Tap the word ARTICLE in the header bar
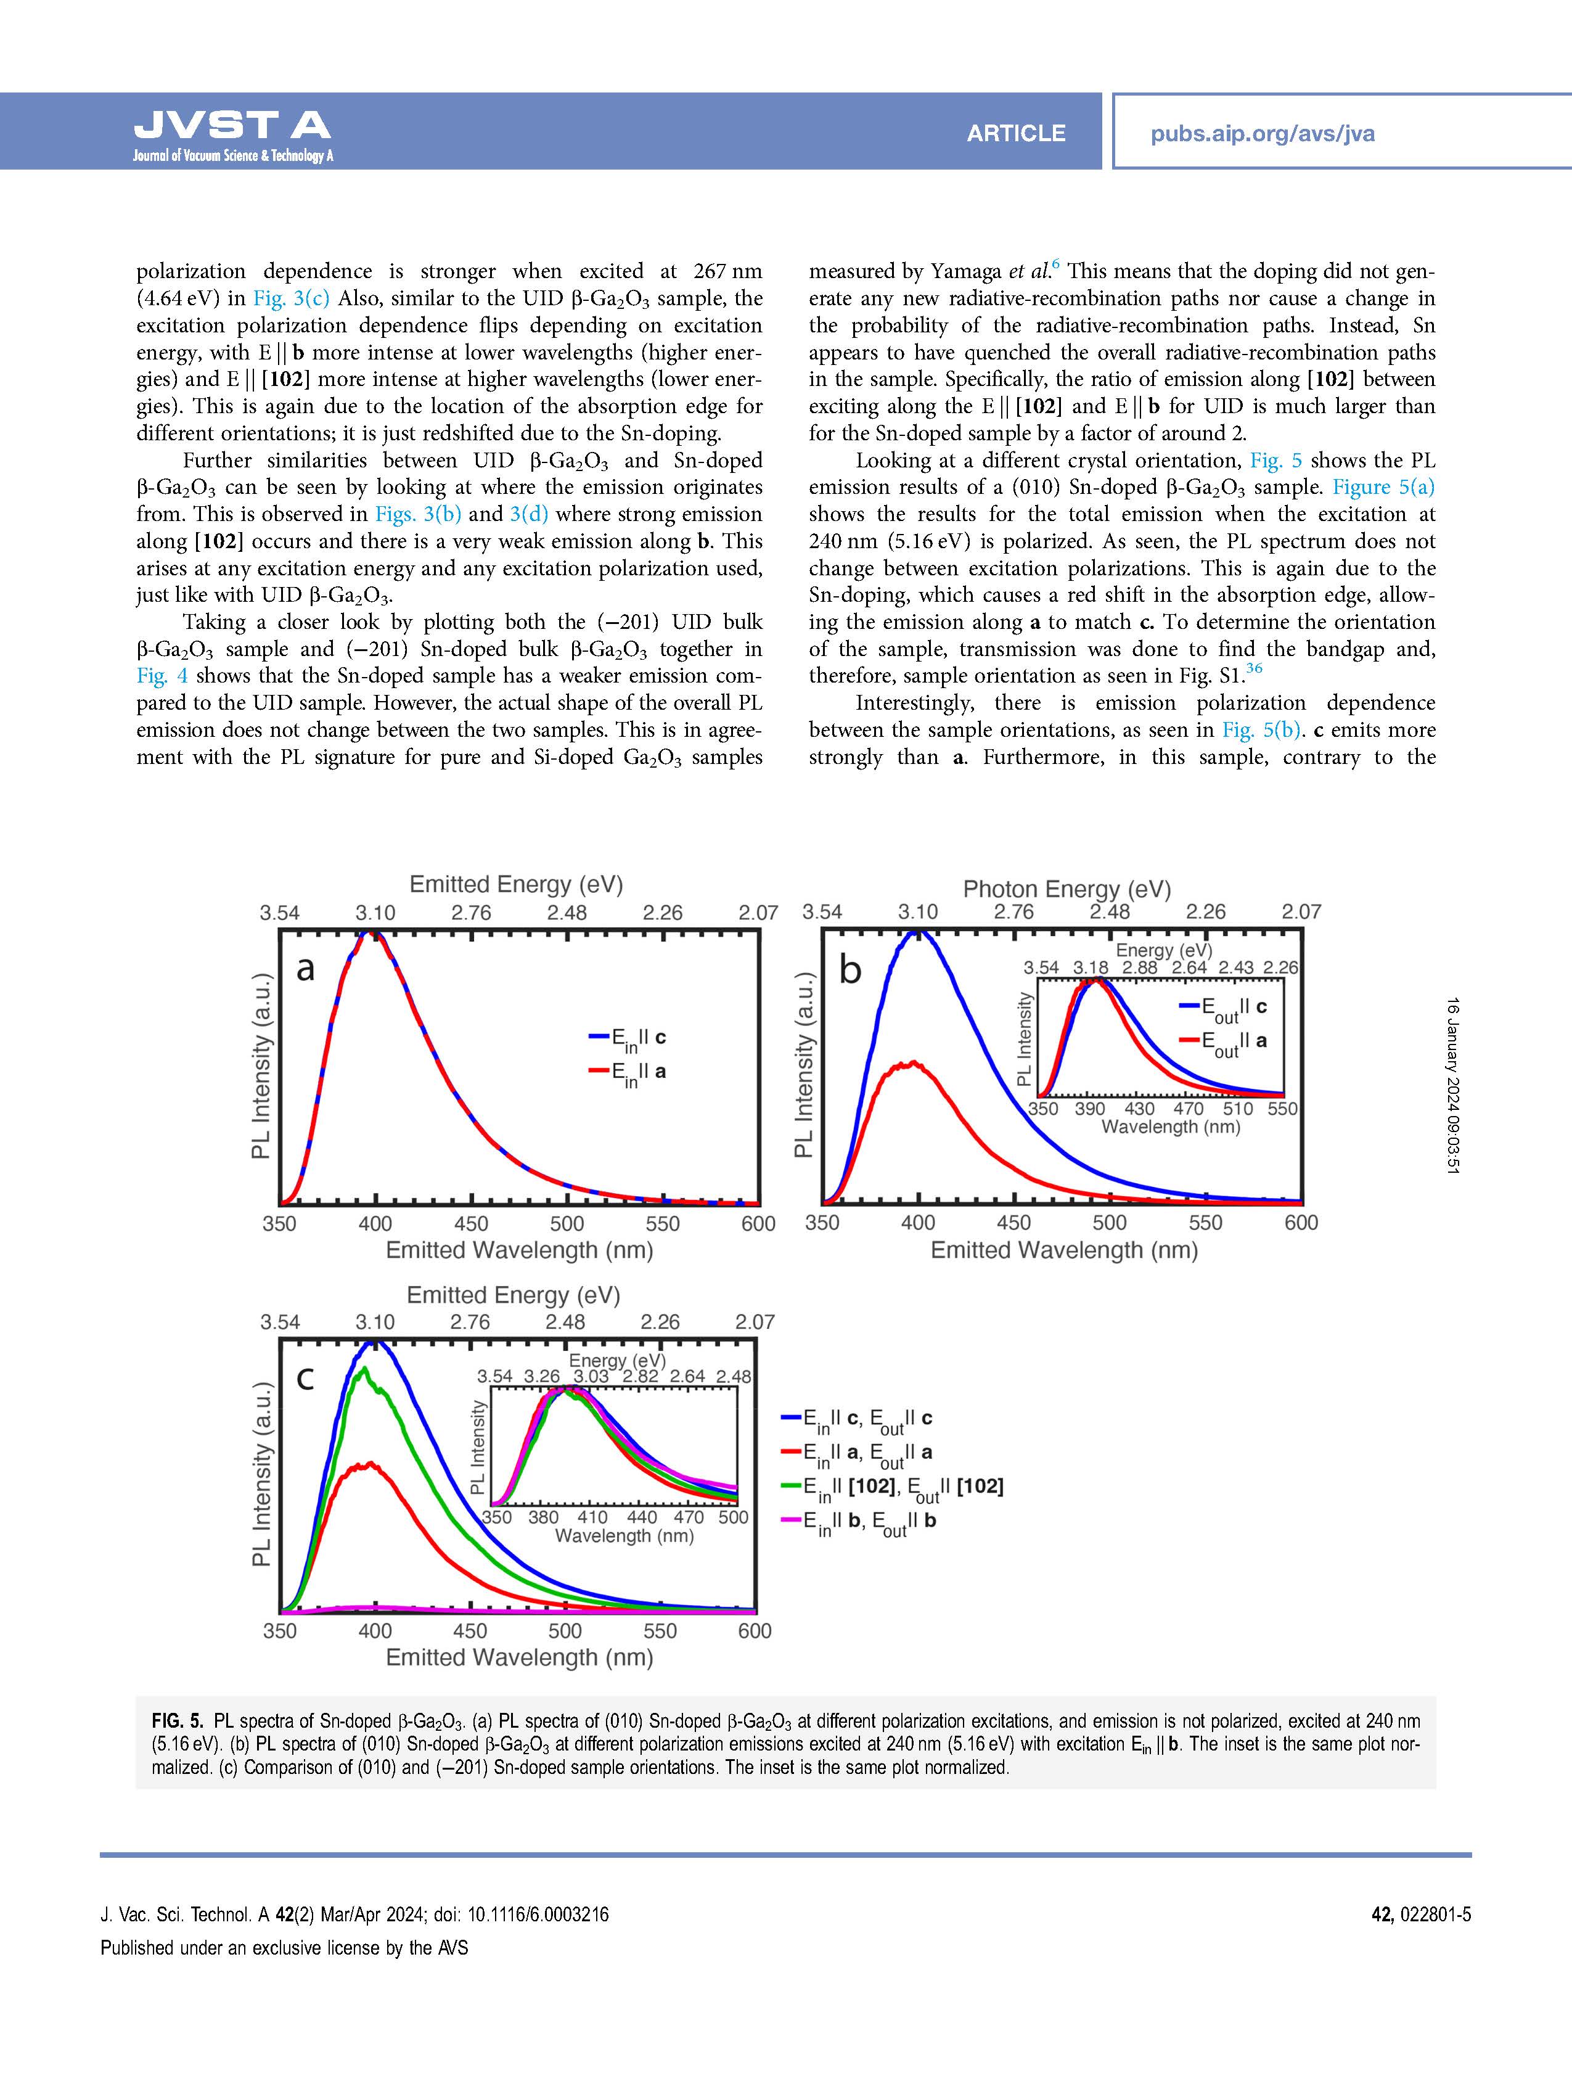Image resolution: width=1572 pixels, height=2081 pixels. point(1016,134)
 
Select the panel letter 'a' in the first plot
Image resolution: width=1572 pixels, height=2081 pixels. point(305,968)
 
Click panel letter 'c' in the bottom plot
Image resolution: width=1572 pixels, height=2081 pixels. point(305,1377)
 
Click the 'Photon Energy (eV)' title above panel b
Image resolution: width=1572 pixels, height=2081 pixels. point(1067,889)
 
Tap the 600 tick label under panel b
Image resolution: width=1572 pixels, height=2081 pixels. point(1301,1223)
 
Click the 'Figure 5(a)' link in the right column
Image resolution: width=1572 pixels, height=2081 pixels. point(1384,487)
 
